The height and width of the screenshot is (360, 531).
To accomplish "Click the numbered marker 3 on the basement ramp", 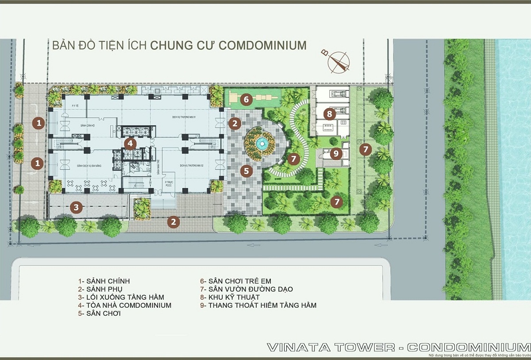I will tap(77, 207).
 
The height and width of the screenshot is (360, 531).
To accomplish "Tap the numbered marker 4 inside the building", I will tap(130, 143).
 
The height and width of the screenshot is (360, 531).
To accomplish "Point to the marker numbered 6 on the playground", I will tap(246, 99).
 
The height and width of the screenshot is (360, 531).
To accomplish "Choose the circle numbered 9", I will tap(336, 154).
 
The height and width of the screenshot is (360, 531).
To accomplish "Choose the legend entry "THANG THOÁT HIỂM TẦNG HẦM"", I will tap(262, 306).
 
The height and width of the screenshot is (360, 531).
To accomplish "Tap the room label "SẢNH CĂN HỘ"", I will tap(88, 126).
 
